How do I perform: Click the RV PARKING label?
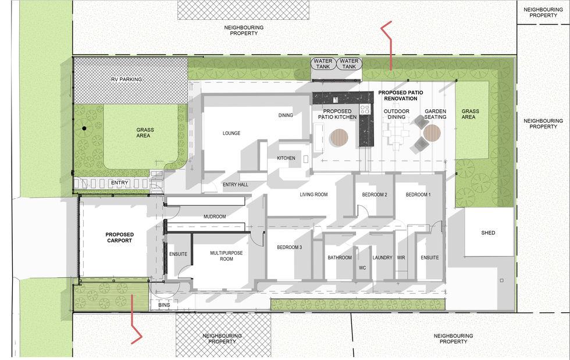click(127, 79)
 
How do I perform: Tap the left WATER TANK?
click(323, 63)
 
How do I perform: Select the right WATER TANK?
click(349, 63)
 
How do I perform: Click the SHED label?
click(488, 233)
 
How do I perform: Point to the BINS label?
click(164, 305)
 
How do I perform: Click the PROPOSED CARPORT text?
click(120, 237)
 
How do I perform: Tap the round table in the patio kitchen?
click(339, 137)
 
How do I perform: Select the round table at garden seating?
click(432, 133)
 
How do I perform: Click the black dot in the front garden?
click(84, 129)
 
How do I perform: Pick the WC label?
click(362, 268)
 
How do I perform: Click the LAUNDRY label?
click(383, 258)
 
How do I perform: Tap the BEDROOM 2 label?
click(375, 195)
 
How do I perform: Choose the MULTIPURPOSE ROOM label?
click(226, 256)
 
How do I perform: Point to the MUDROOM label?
click(215, 216)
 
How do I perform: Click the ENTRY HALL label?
click(235, 185)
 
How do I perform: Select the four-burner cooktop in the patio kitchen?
click(365, 109)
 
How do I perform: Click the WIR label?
click(401, 258)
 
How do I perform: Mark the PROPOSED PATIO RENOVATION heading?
click(401, 95)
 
